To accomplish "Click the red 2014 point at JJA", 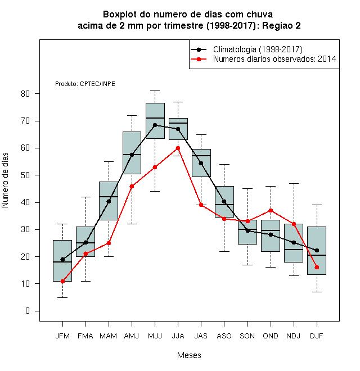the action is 178,148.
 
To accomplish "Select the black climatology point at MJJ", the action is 155,125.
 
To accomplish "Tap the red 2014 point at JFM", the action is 62,281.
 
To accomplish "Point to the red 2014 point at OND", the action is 271,211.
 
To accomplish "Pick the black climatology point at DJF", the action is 317,250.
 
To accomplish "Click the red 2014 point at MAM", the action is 109,243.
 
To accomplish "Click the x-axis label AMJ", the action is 132,336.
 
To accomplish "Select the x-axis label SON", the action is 247,336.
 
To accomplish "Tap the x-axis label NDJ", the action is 294,336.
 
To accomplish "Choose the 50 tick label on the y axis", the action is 25,175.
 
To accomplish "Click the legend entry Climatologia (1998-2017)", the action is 258,49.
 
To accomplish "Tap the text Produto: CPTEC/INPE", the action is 85,84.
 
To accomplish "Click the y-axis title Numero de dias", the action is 5,180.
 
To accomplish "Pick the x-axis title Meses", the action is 189,355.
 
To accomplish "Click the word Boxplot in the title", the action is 120,15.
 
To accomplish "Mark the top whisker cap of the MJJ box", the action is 155,91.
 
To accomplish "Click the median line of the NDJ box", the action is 294,250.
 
